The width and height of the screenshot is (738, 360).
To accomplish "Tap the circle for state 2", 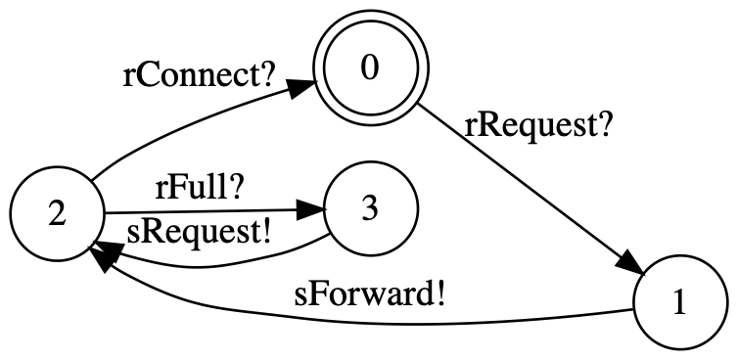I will tap(57, 214).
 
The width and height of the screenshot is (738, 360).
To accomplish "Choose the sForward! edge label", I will tap(371, 292).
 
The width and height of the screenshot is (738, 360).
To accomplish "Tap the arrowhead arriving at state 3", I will tap(311, 210).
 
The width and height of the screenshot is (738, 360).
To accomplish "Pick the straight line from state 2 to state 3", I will tap(196, 211).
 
